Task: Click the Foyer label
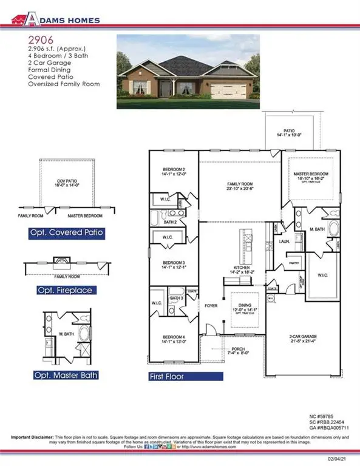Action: [211, 305]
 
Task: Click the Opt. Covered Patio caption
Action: [67, 232]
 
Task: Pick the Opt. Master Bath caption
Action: [66, 375]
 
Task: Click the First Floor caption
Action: [175, 376]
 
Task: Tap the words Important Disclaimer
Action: [32, 437]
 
